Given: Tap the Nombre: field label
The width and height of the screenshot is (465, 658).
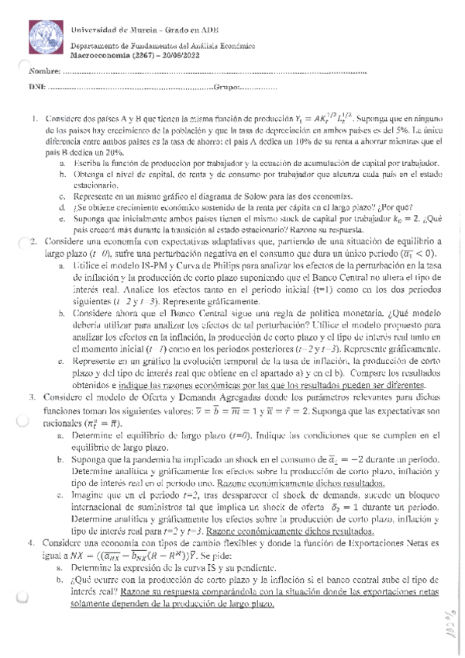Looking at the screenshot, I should pos(44,72).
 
